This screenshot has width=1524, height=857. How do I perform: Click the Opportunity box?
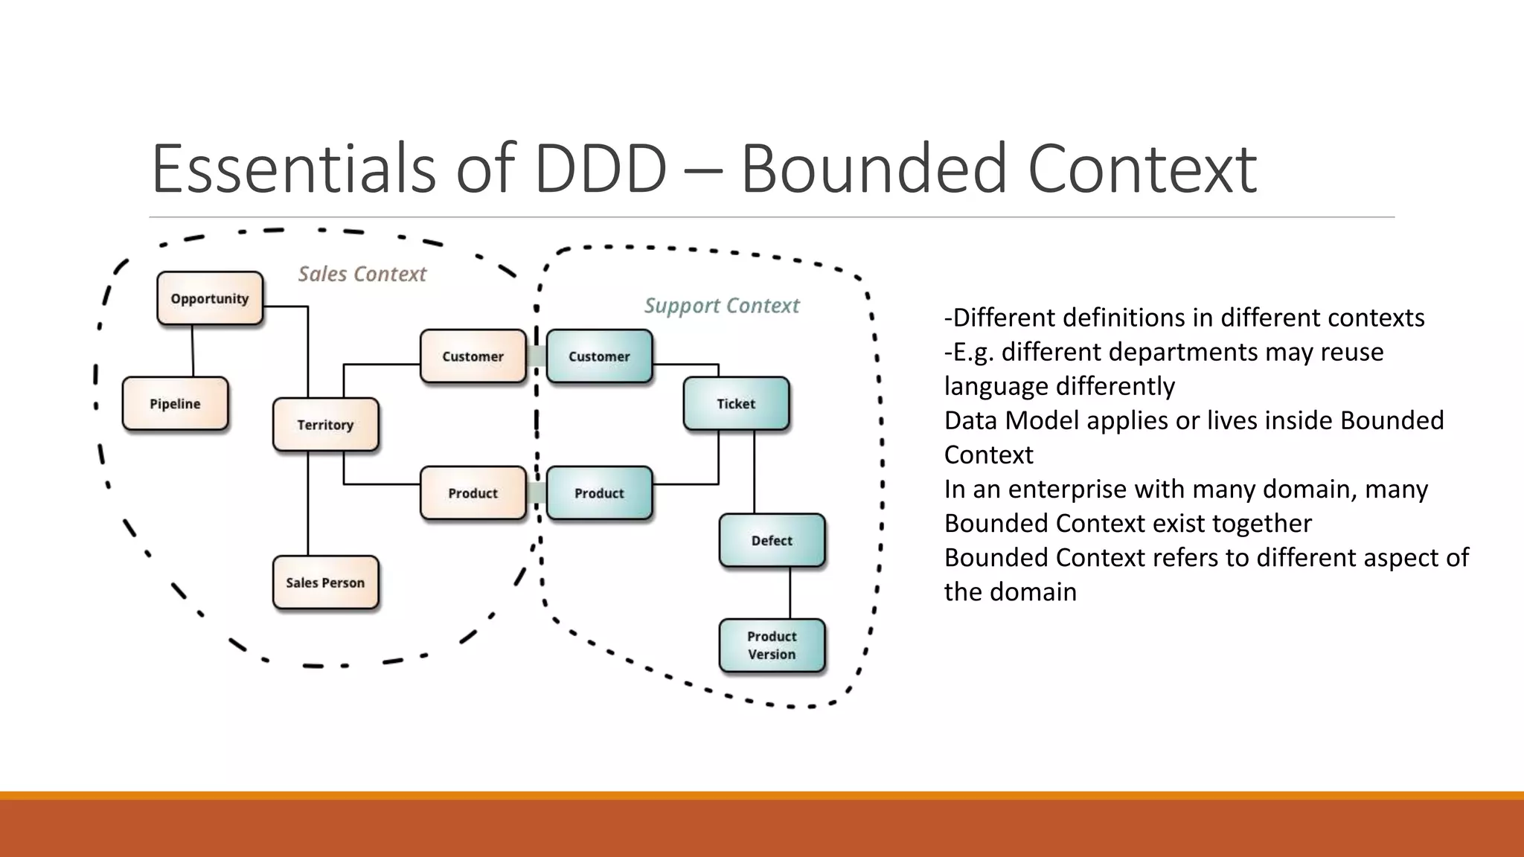pos(210,298)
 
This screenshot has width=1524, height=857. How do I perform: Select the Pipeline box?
pos(176,404)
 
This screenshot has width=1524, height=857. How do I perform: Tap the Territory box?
pos(325,425)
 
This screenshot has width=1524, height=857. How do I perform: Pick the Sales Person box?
pos(325,582)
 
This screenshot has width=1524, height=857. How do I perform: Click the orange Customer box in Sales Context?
pos(473,356)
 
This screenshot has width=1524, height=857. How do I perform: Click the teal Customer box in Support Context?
pos(599,356)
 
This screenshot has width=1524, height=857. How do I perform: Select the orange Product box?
pos(473,493)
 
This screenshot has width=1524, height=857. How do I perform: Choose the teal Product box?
pos(599,493)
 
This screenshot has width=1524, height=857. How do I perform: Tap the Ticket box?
pos(736,404)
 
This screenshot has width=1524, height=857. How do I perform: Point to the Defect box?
pos(772,541)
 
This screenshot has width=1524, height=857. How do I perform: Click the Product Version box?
pos(772,646)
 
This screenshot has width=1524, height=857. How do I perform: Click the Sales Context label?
pos(362,274)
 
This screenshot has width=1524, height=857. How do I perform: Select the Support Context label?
pos(722,306)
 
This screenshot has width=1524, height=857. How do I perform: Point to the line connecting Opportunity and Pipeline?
pos(193,351)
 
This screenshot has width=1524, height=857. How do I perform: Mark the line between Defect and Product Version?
pos(790,593)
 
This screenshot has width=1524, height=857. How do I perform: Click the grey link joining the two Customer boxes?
pos(537,356)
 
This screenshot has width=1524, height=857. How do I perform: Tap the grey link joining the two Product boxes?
pos(537,493)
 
